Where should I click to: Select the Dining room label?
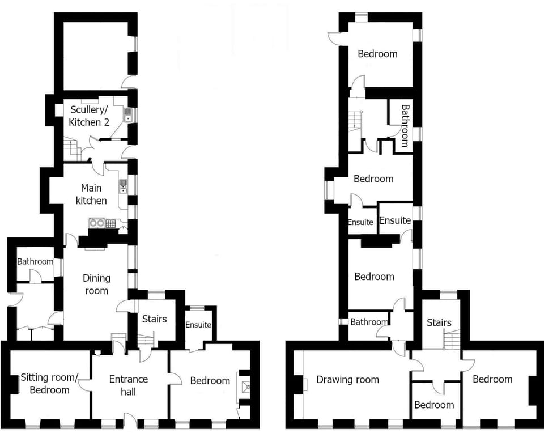(96, 284)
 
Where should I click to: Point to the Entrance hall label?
(129, 385)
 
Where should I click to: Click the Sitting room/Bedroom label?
(45, 384)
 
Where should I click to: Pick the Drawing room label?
(347, 380)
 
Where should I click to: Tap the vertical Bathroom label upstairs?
(405, 125)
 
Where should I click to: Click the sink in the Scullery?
(128, 116)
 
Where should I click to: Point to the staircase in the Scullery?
(70, 150)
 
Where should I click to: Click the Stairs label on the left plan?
(154, 319)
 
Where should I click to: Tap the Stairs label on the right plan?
(439, 323)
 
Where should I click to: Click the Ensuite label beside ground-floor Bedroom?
(198, 325)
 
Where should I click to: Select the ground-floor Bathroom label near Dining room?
(35, 261)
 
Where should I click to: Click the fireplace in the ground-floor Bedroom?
(245, 388)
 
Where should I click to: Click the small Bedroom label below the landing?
(434, 405)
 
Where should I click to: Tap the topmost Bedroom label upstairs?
(377, 54)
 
